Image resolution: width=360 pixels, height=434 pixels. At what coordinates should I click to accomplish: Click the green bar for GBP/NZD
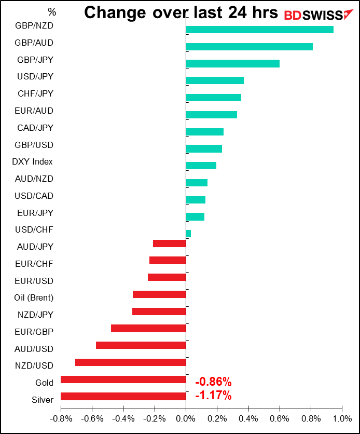[259, 30]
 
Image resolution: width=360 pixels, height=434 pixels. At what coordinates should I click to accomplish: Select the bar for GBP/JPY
[232, 64]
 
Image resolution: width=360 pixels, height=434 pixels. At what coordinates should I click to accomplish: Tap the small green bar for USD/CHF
[188, 234]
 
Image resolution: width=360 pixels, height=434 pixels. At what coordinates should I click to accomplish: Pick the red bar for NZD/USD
[130, 362]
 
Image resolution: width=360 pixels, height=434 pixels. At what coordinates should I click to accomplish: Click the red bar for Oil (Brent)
[159, 294]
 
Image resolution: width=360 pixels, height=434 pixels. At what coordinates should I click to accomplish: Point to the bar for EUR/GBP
[148, 328]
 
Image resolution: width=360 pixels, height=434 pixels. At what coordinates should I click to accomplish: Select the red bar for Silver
[123, 396]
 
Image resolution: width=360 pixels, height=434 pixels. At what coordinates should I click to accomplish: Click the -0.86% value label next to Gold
[213, 383]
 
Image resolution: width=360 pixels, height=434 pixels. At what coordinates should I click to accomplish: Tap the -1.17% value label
[213, 396]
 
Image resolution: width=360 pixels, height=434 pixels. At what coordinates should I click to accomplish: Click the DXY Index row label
[32, 162]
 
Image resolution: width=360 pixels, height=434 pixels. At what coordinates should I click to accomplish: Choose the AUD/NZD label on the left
[35, 179]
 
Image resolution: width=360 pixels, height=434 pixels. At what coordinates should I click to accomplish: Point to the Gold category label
[44, 383]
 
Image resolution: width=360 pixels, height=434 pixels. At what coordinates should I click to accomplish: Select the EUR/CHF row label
[34, 264]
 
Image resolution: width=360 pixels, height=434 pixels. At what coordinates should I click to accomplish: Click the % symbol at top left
[51, 11]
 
